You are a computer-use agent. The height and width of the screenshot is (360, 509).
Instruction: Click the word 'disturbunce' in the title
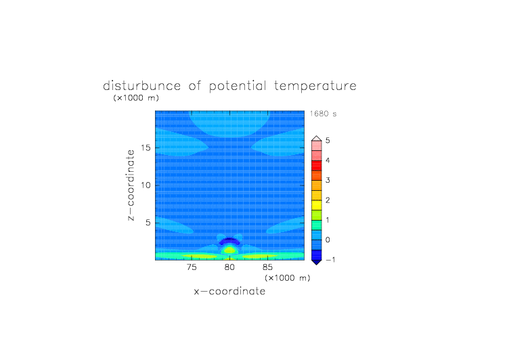(x=141, y=86)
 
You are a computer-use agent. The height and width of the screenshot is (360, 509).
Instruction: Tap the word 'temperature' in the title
(x=315, y=86)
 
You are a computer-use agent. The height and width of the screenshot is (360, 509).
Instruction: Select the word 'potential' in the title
(x=238, y=86)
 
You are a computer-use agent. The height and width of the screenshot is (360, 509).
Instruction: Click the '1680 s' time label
(x=323, y=114)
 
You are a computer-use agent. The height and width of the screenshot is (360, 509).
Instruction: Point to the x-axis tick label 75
(x=192, y=267)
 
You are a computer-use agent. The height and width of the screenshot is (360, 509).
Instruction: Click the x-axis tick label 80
(x=229, y=267)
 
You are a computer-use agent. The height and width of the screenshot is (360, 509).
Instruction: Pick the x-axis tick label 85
(x=267, y=267)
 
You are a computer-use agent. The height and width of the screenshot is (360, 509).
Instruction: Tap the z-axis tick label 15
(x=146, y=148)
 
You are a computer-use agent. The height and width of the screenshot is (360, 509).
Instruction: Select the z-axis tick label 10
(x=146, y=185)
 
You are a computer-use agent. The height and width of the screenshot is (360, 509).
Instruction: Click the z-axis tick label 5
(x=148, y=223)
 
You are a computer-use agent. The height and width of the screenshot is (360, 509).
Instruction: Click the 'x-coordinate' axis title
(x=229, y=291)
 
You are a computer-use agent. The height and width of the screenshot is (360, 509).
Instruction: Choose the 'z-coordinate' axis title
(x=131, y=185)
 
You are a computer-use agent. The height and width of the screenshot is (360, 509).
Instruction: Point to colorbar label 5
(x=328, y=140)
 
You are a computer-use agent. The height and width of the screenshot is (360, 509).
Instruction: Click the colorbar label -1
(x=330, y=260)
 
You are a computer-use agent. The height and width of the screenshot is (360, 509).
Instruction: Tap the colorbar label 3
(x=328, y=180)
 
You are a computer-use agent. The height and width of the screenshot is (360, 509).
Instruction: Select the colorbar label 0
(x=328, y=240)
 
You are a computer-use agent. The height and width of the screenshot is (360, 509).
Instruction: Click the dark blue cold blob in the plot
(x=229, y=241)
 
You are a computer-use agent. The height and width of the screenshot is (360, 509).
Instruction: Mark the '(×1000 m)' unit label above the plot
(x=136, y=98)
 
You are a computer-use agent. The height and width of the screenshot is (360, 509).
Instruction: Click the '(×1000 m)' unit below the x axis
(x=288, y=278)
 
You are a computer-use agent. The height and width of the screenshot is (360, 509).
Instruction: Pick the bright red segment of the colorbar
(x=317, y=166)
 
